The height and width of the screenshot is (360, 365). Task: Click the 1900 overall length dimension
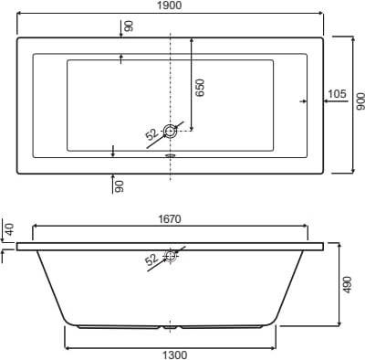pyautogui.click(x=170, y=5)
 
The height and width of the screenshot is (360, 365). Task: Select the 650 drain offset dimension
pyautogui.click(x=200, y=88)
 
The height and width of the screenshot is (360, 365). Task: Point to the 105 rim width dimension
pyautogui.click(x=338, y=94)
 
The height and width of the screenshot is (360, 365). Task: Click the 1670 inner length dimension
pyautogui.click(x=170, y=219)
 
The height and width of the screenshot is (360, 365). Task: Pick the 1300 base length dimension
pyautogui.click(x=174, y=355)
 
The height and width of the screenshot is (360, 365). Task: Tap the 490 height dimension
pyautogui.click(x=348, y=285)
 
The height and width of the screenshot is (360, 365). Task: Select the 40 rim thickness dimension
pyautogui.click(x=10, y=229)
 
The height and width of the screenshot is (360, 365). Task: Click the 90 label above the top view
pyautogui.click(x=129, y=26)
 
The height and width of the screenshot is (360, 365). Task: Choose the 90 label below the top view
pyautogui.click(x=120, y=186)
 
